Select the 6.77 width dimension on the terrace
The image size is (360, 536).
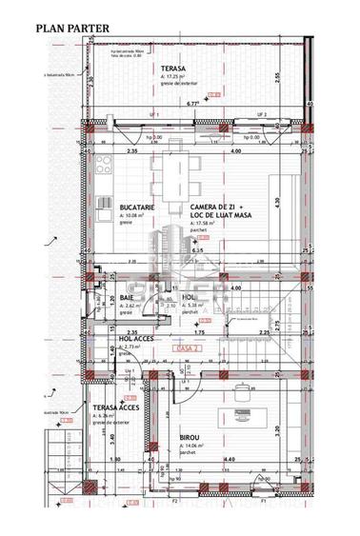(192, 103)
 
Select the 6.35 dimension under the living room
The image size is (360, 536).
(198, 251)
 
